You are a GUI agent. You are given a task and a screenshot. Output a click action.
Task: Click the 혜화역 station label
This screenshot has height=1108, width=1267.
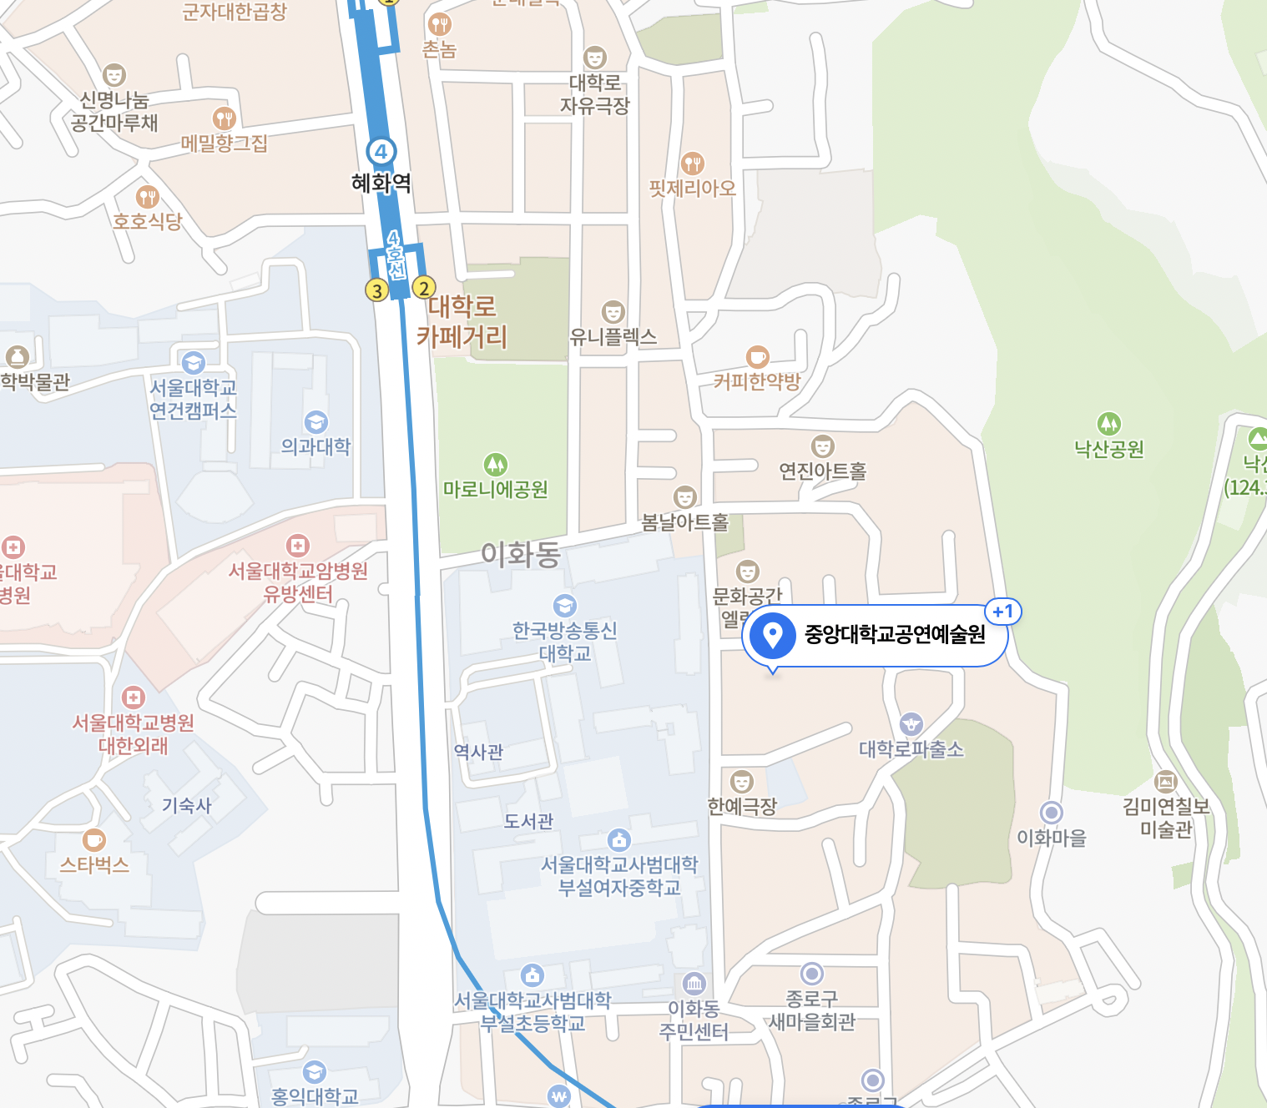pos(381,183)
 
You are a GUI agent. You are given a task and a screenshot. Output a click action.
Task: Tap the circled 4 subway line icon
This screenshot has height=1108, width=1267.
pos(381,152)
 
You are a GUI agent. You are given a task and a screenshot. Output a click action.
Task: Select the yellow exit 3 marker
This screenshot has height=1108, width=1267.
pos(377,290)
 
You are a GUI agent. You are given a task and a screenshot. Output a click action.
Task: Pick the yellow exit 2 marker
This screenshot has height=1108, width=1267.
pos(424,288)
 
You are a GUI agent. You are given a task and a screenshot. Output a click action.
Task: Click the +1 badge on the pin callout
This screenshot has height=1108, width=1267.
pos(1002,612)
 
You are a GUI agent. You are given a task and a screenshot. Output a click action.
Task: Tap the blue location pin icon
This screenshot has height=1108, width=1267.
pos(772,635)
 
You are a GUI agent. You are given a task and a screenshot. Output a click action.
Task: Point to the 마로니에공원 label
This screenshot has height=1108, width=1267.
pos(496,489)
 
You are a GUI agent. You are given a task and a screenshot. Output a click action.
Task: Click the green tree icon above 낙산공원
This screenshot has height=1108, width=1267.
pos(1108,424)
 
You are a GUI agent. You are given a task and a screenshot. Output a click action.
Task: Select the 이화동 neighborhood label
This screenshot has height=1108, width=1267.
pos(521,554)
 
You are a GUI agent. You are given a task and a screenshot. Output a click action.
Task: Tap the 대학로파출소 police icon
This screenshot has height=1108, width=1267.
pos(911,723)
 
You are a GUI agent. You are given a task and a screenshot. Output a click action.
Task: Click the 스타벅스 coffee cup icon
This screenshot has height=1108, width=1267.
pos(94,839)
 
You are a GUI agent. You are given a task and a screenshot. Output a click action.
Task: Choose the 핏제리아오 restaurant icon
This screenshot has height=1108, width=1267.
pos(693,163)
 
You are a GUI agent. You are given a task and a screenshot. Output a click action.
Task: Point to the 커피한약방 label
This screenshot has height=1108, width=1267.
pos(757,381)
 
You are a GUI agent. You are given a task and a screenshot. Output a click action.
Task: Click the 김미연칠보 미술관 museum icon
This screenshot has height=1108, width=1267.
pos(1165,782)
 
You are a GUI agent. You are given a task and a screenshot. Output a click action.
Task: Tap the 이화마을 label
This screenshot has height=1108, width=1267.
pos(1052,837)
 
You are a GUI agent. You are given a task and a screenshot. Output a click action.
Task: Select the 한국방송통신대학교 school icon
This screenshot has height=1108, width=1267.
pos(565,605)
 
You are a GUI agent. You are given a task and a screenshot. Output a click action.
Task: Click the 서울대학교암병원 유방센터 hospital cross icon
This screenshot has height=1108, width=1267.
pos(298,546)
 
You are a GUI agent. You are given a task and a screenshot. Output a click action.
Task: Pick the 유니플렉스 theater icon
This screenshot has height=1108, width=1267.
pos(613,312)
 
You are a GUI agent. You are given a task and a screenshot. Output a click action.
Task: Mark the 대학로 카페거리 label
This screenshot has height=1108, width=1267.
pos(462,321)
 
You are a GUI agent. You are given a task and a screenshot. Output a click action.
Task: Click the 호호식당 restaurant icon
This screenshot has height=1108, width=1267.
pos(148,197)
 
